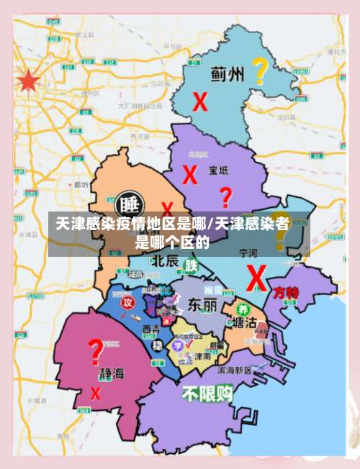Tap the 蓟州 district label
pos(228,73)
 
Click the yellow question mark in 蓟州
pos(260,72)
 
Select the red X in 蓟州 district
pos(199,101)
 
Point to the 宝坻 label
pos(218,170)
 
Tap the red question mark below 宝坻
pos(225,197)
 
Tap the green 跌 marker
pos(191,265)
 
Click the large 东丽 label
pos(202,305)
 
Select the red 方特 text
pos(286,292)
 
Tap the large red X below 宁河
pos(256,276)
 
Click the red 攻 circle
pos(127,301)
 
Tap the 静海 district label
pos(112,374)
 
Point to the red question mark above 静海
pos(95,353)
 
